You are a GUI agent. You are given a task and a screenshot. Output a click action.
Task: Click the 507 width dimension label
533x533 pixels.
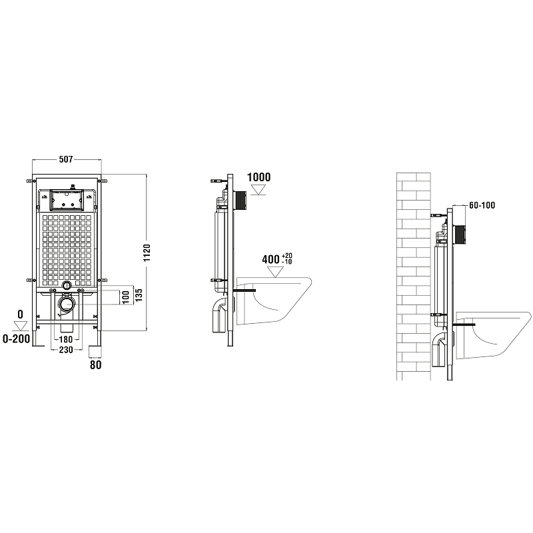pyautogui.click(x=65, y=160)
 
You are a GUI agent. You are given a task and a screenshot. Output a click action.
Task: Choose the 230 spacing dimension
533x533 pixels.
pyautogui.click(x=65, y=350)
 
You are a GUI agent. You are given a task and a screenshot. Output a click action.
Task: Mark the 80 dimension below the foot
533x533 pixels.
pyautogui.click(x=95, y=364)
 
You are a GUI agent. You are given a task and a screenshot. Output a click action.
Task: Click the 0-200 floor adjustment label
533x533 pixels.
pyautogui.click(x=17, y=339)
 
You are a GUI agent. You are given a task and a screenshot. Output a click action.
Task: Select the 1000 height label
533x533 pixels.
pyautogui.click(x=259, y=177)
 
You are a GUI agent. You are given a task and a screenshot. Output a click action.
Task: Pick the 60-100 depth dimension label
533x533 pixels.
pyautogui.click(x=482, y=206)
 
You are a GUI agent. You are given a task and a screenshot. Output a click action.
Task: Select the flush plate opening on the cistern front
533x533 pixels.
pyautogui.click(x=65, y=199)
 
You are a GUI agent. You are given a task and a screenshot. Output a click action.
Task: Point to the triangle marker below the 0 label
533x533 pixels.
pyautogui.click(x=21, y=324)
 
